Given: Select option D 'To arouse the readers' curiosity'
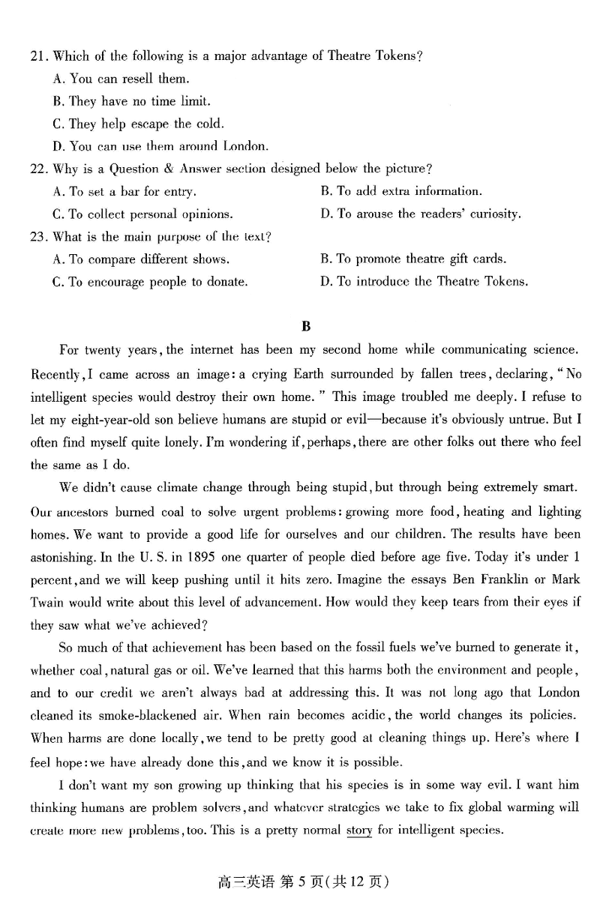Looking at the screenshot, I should (421, 214).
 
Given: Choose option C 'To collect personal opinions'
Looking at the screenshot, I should (143, 214).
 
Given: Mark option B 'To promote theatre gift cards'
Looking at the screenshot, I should (413, 259).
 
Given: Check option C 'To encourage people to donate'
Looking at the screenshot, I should (150, 283).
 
